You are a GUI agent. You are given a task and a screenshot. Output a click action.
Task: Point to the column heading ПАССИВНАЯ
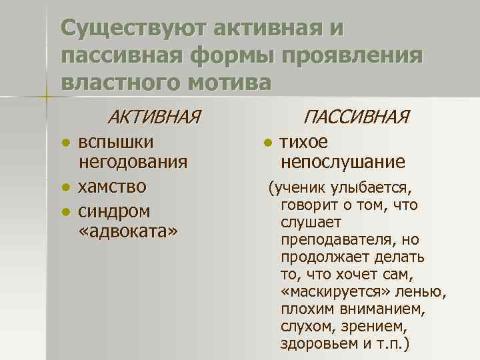355,118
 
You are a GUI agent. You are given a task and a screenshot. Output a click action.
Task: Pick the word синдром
114,211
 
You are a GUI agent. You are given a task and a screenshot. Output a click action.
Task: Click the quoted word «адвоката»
129,231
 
